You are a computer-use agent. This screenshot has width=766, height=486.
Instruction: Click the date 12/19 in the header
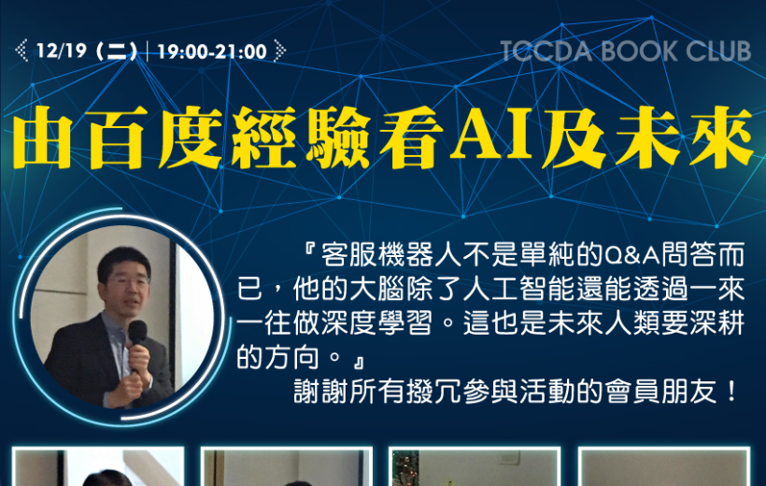click(x=62, y=50)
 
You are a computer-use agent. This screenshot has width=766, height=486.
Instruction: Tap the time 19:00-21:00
click(x=212, y=51)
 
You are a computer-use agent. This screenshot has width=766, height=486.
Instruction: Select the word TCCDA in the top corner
click(x=546, y=51)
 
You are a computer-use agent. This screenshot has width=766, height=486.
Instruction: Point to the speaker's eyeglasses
click(x=127, y=282)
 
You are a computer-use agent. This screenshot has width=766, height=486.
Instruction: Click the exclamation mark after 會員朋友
click(x=731, y=392)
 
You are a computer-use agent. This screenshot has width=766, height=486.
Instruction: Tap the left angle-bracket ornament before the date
click(x=21, y=50)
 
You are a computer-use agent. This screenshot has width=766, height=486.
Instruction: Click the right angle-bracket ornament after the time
click(x=280, y=50)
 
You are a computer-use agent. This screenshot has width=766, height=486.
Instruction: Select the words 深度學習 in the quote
click(x=376, y=323)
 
